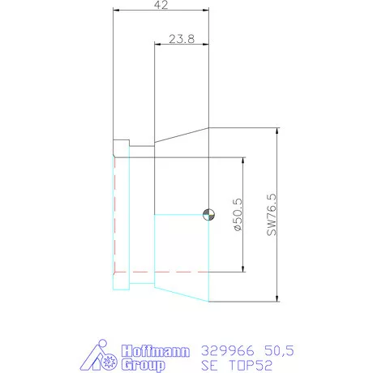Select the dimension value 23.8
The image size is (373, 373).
point(182,38)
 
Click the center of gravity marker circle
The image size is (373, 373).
point(208,214)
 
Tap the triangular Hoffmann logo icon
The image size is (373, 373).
point(101,358)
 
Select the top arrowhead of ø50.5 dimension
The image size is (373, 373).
point(244,161)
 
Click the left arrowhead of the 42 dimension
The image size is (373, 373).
point(116,11)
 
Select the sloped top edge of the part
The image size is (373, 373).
point(182,135)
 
